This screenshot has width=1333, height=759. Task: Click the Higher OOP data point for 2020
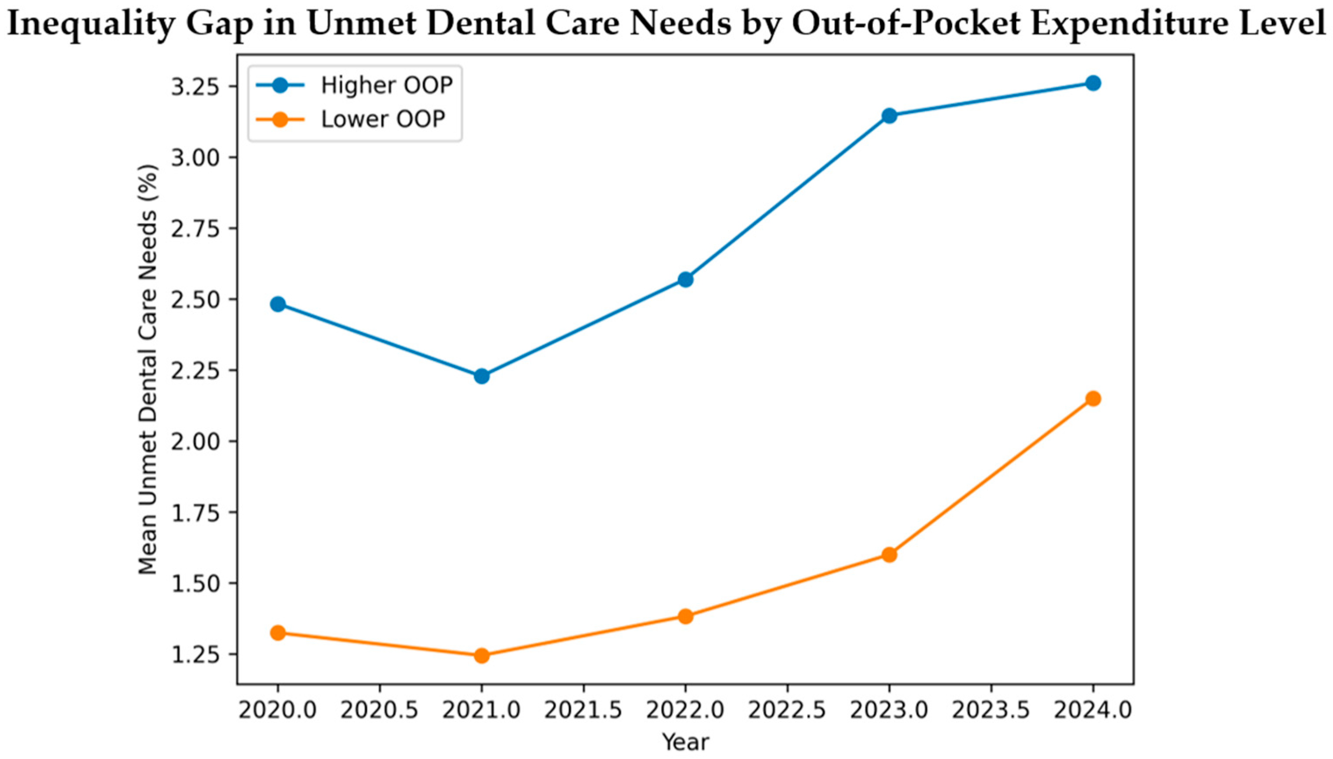pyautogui.click(x=278, y=304)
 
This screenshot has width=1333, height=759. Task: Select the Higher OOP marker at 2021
pyautogui.click(x=482, y=376)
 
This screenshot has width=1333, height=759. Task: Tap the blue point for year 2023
pyautogui.click(x=889, y=115)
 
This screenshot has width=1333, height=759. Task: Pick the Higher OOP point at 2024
pyautogui.click(x=1093, y=83)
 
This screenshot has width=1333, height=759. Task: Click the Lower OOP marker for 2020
pyautogui.click(x=278, y=633)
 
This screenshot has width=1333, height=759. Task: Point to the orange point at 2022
pyautogui.click(x=685, y=616)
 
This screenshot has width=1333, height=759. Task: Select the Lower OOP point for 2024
pyautogui.click(x=1093, y=399)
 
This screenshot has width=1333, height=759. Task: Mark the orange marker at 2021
pyautogui.click(x=482, y=655)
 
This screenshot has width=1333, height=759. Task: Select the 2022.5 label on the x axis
pyautogui.click(x=787, y=710)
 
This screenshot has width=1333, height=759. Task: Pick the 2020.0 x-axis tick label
pyautogui.click(x=278, y=710)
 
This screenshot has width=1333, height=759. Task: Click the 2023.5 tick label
pyautogui.click(x=991, y=710)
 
